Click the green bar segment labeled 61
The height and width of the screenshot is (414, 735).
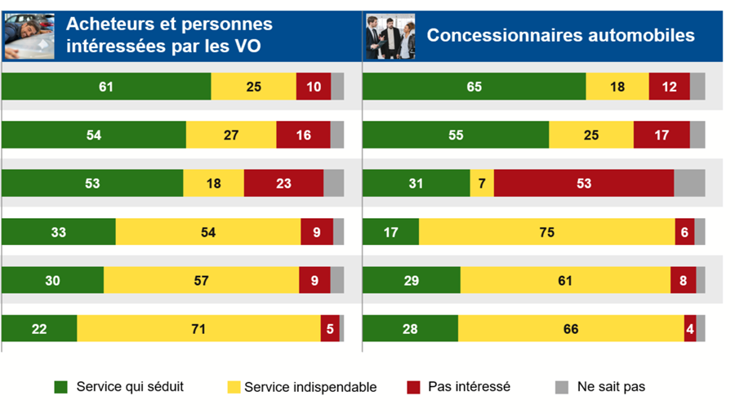106,87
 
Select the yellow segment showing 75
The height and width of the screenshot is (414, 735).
546,232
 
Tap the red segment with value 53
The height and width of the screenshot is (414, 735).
583,184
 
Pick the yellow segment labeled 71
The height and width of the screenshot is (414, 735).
198,329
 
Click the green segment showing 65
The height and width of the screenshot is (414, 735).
474,87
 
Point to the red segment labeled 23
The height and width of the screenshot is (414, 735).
283,184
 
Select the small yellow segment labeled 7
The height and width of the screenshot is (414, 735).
482,184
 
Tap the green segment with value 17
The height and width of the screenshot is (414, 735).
390,232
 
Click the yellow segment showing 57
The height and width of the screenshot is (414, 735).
201,280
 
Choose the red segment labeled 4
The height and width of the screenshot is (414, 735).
690,329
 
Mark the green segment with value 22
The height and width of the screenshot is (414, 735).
39,329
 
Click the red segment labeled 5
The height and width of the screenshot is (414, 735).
330,329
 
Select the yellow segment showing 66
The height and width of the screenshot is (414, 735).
571,329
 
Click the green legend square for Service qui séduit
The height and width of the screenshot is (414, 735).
60,387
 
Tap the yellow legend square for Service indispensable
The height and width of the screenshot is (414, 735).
234,387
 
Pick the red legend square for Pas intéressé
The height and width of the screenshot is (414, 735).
413,387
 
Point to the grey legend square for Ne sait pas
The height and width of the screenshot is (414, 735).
561,387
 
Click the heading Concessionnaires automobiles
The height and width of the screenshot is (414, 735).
560,36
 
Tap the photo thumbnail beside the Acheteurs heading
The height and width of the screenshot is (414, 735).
29,36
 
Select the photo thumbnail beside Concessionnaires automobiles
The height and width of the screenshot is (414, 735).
390,36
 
